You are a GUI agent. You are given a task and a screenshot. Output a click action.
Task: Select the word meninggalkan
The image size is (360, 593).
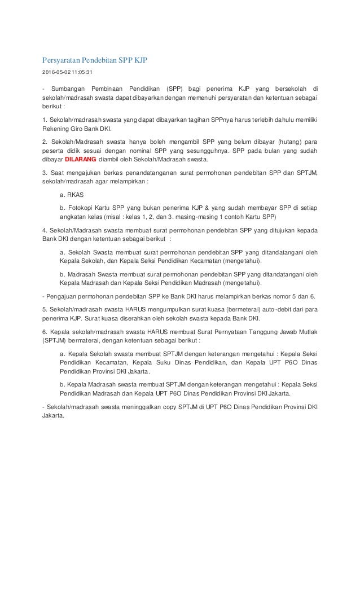[x=137, y=407]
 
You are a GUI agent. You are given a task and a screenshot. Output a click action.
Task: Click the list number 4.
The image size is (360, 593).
[x=45, y=231]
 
